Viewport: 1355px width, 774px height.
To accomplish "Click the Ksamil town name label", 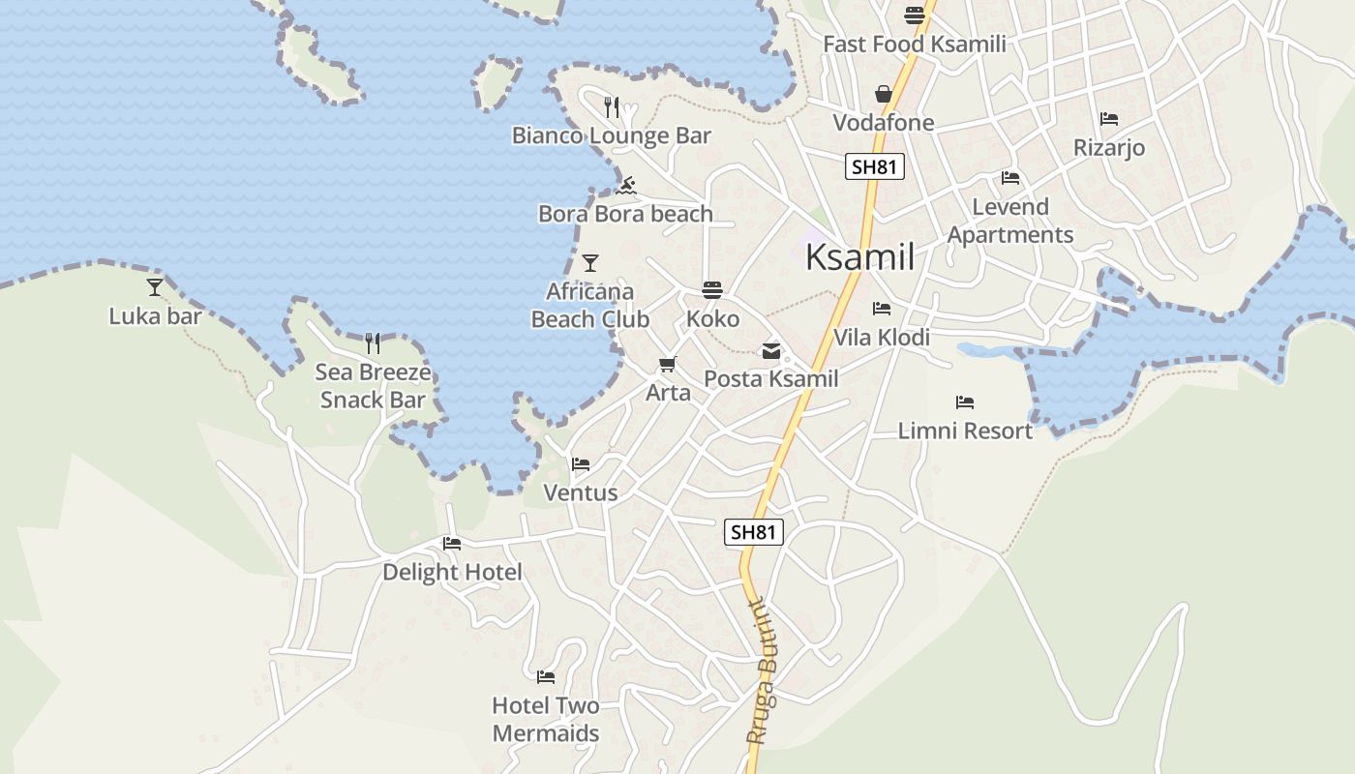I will click(x=859, y=257).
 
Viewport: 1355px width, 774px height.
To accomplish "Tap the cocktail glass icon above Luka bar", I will click(x=155, y=286).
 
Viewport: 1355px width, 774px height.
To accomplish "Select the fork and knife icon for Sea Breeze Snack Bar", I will click(x=373, y=342).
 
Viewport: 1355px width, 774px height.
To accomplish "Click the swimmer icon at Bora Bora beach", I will click(x=626, y=185).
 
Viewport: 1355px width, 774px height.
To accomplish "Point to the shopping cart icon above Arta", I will click(x=667, y=365).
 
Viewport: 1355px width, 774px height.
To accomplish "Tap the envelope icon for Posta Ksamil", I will click(x=771, y=351).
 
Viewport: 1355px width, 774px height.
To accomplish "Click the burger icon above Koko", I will click(x=712, y=290).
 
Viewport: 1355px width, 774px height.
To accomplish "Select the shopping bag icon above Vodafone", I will click(x=884, y=94).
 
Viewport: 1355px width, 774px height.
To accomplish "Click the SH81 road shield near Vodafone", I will click(x=875, y=166).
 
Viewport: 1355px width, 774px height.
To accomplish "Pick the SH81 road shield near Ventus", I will click(x=753, y=531).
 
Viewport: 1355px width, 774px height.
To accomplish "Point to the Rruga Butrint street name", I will click(x=768, y=670).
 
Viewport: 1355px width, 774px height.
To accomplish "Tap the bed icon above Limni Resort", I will click(x=965, y=402).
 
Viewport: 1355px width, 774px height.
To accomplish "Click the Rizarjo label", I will click(x=1109, y=148).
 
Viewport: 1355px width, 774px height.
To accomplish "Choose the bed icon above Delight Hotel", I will click(x=452, y=544).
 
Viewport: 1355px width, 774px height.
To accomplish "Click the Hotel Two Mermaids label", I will click(x=546, y=719).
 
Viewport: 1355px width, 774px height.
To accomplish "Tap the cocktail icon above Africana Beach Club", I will click(x=590, y=263).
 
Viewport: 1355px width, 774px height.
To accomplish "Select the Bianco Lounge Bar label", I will click(x=612, y=135).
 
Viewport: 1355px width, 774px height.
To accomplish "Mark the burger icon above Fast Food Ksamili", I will click(x=915, y=15).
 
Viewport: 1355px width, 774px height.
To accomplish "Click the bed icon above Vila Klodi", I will click(x=882, y=309).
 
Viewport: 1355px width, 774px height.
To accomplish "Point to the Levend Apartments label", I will click(x=1010, y=221).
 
